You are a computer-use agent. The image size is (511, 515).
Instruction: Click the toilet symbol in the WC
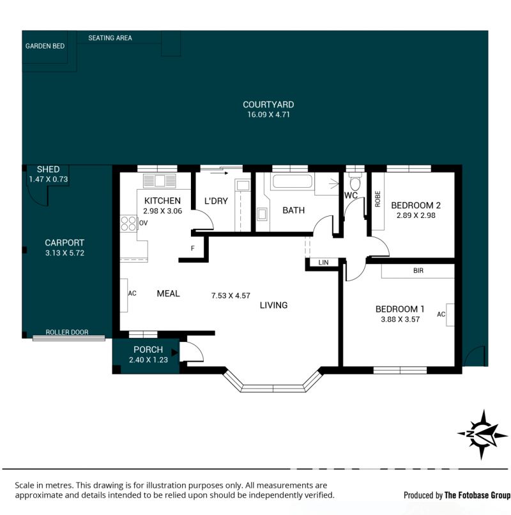click(355, 181)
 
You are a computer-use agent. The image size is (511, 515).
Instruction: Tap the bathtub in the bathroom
click(292, 181)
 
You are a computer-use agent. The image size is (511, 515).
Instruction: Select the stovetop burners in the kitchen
click(129, 224)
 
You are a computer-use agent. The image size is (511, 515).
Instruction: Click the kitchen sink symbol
click(160, 181)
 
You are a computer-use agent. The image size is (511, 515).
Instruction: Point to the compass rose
click(482, 434)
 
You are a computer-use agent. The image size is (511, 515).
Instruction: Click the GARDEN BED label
click(45, 46)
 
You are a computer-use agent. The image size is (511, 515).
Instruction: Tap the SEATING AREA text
click(110, 38)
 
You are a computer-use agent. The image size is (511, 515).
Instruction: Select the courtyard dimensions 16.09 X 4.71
click(268, 114)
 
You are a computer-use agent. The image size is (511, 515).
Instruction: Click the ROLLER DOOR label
click(67, 332)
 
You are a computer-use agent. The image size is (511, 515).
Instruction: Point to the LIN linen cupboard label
click(323, 263)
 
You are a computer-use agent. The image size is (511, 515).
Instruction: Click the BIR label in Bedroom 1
click(418, 271)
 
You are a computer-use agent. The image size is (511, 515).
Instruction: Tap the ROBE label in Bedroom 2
click(378, 199)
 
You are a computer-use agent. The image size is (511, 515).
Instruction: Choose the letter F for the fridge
click(193, 249)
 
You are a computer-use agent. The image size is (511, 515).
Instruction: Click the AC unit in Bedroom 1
click(450, 314)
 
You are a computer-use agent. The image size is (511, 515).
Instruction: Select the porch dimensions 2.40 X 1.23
click(148, 360)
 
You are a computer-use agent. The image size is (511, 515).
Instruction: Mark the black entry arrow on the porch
click(175, 353)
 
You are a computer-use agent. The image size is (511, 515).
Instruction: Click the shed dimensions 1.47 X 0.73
click(49, 180)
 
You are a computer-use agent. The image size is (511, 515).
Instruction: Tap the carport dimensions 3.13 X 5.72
click(65, 253)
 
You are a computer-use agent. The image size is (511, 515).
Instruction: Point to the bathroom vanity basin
click(262, 215)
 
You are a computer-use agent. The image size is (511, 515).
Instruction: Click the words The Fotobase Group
click(478, 495)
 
